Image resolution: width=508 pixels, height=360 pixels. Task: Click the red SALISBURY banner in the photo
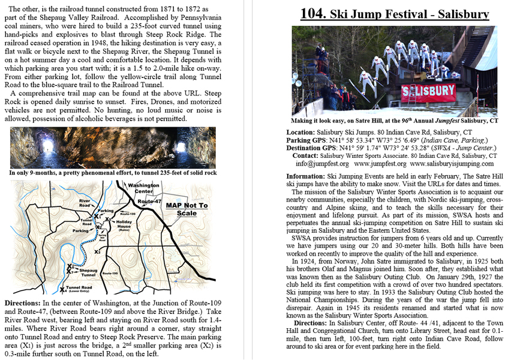point(428,91)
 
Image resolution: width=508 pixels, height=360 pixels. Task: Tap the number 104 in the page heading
point(314,14)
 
